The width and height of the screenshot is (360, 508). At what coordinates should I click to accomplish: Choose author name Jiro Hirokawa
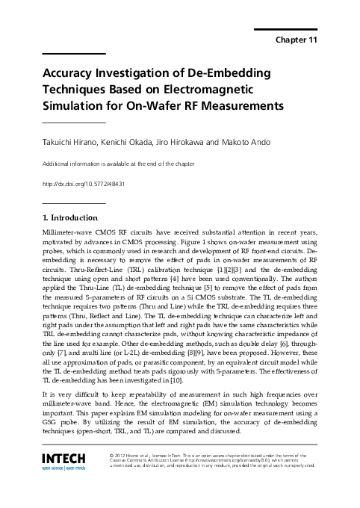[x=182, y=142]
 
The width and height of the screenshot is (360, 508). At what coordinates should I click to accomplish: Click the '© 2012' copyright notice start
[x=117, y=454]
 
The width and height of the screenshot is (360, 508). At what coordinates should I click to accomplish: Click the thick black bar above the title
[x=73, y=54]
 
